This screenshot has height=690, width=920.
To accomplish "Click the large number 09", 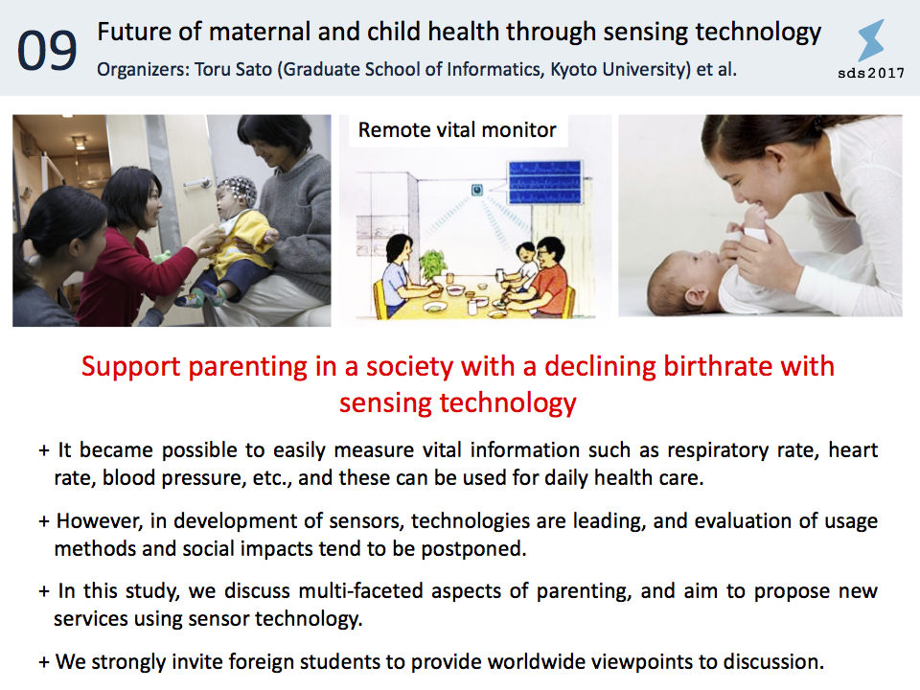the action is coord(47,51).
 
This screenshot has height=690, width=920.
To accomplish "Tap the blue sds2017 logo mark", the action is coord(871,40).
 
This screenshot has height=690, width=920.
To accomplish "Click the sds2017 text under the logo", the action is coord(871,73).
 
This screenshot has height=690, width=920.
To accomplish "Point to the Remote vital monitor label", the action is coord(457,129).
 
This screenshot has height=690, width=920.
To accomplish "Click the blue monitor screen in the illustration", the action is coord(544,182).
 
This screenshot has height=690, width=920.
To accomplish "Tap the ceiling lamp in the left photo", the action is coord(79,142).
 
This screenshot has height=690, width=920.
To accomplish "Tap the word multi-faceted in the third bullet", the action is coord(361,591).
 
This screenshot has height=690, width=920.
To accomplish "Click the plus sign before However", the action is coord(44,521).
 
